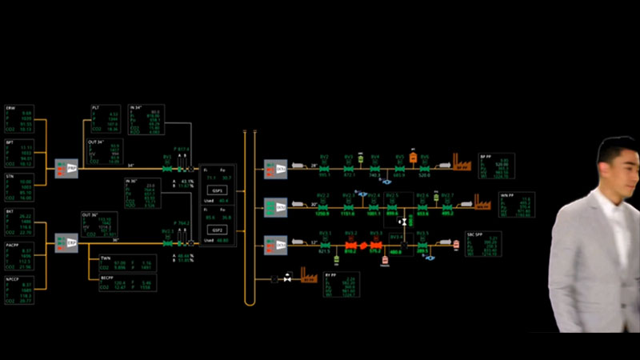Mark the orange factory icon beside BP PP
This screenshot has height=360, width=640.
coord(462,164)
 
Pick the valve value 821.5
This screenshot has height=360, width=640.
coord(325,251)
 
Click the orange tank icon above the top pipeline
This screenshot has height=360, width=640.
coord(413,158)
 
